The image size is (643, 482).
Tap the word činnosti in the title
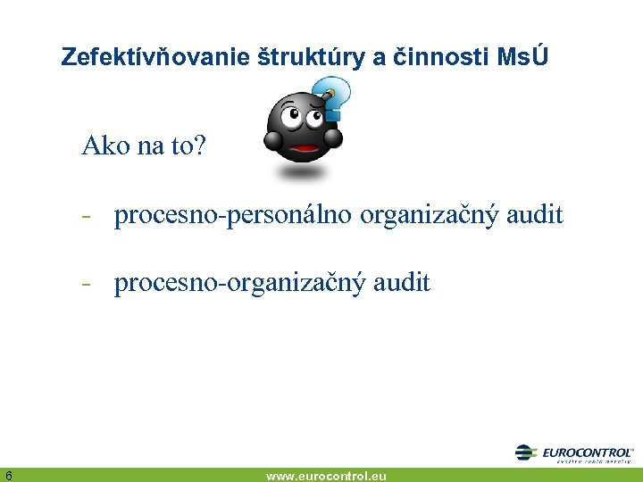pos(434,57)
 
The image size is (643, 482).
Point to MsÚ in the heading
pos(523,57)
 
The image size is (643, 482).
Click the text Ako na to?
pos(143,145)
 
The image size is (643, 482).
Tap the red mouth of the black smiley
pos(305,148)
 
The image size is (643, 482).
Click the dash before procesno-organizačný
pos(88,285)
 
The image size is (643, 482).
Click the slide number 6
pos(7,475)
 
